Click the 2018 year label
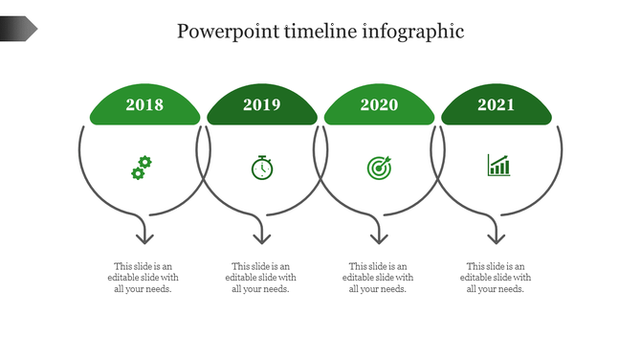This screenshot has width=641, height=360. coord(144,105)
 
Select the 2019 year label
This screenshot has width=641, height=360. coord(262,105)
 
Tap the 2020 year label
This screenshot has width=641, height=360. coord(379,105)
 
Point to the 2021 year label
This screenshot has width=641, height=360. coord(497,105)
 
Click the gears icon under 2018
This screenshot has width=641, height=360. coord(141,168)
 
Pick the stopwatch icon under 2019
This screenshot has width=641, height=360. coord(262,167)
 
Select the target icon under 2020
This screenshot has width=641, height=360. coord(379,168)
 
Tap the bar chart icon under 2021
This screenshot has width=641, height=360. coord(498,166)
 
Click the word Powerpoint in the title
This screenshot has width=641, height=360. coord(228,32)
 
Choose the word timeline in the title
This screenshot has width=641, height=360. coord(320,32)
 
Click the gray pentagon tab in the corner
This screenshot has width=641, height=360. coord(18,30)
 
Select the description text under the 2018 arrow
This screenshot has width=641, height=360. coord(144,278)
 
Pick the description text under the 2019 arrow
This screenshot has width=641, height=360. coord(261,278)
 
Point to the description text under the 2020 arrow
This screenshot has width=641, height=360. coord(378,278)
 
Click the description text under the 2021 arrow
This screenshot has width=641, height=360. coord(496,278)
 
